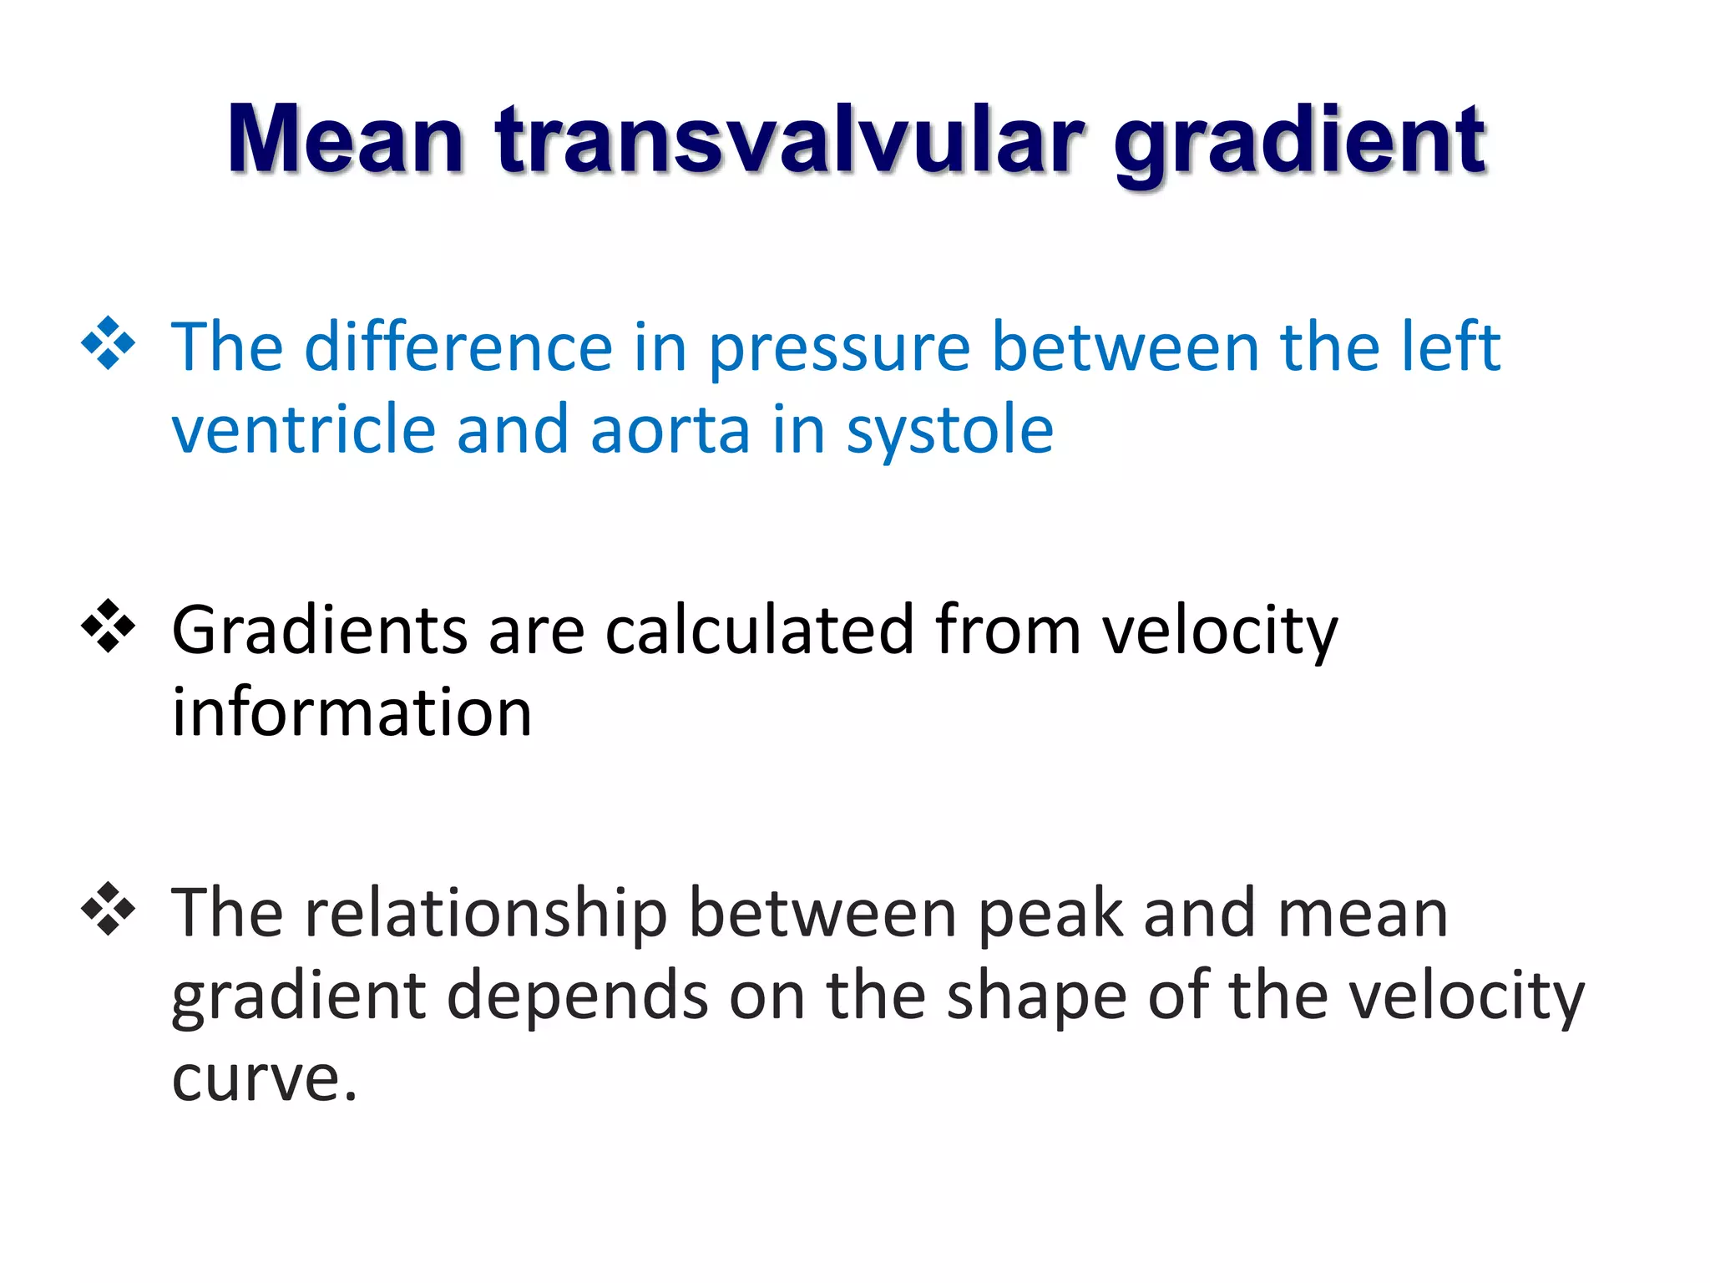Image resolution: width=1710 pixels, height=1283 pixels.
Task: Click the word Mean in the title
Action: point(345,140)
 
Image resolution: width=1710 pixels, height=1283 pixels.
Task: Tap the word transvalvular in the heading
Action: point(789,140)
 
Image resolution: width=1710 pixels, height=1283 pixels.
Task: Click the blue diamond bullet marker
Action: point(109,343)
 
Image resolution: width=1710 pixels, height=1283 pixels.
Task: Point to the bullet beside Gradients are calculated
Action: point(109,626)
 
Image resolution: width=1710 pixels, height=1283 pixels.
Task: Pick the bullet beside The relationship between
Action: point(109,908)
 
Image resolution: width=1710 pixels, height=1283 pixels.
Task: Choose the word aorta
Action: point(670,431)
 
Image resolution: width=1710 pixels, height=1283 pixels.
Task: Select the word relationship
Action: point(486,914)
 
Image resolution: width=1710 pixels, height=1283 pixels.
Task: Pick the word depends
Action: point(578,996)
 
